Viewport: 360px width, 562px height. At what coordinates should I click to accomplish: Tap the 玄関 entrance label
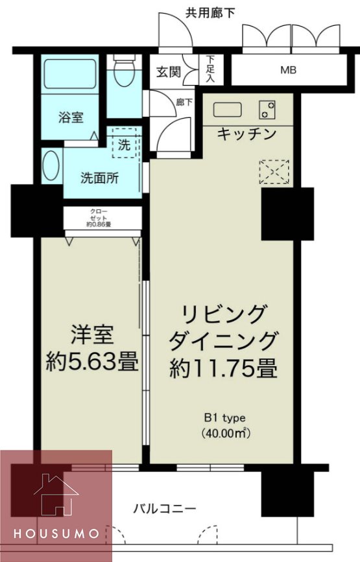pos(167,71)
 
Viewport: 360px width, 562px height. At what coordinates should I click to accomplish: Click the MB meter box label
pos(288,69)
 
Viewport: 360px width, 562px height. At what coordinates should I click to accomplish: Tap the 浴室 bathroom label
pos(70,117)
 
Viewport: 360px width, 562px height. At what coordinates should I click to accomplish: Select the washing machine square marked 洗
pos(124,145)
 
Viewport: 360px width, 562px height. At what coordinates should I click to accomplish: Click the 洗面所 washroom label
pos(99,179)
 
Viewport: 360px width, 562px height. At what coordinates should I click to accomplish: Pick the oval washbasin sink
pos(51,167)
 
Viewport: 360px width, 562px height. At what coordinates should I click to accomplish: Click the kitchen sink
pos(227,110)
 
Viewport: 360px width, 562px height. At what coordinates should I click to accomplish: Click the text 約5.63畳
pos(92,362)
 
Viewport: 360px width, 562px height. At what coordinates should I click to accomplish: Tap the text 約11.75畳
pos(224,369)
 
